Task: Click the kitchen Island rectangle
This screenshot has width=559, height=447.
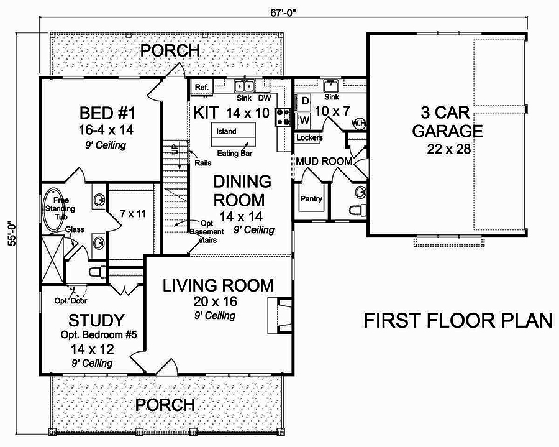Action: click(x=234, y=132)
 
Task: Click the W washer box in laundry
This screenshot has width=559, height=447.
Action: click(x=304, y=119)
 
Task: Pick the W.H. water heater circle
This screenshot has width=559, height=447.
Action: click(x=358, y=122)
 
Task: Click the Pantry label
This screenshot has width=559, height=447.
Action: click(x=309, y=200)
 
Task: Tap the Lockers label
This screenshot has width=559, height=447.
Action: click(x=309, y=137)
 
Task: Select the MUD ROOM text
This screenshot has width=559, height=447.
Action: click(x=324, y=161)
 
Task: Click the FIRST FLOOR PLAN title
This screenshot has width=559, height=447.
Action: click(x=458, y=320)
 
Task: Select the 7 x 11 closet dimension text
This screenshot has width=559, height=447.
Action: click(x=133, y=213)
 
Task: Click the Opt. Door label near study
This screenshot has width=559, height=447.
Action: click(x=70, y=301)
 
